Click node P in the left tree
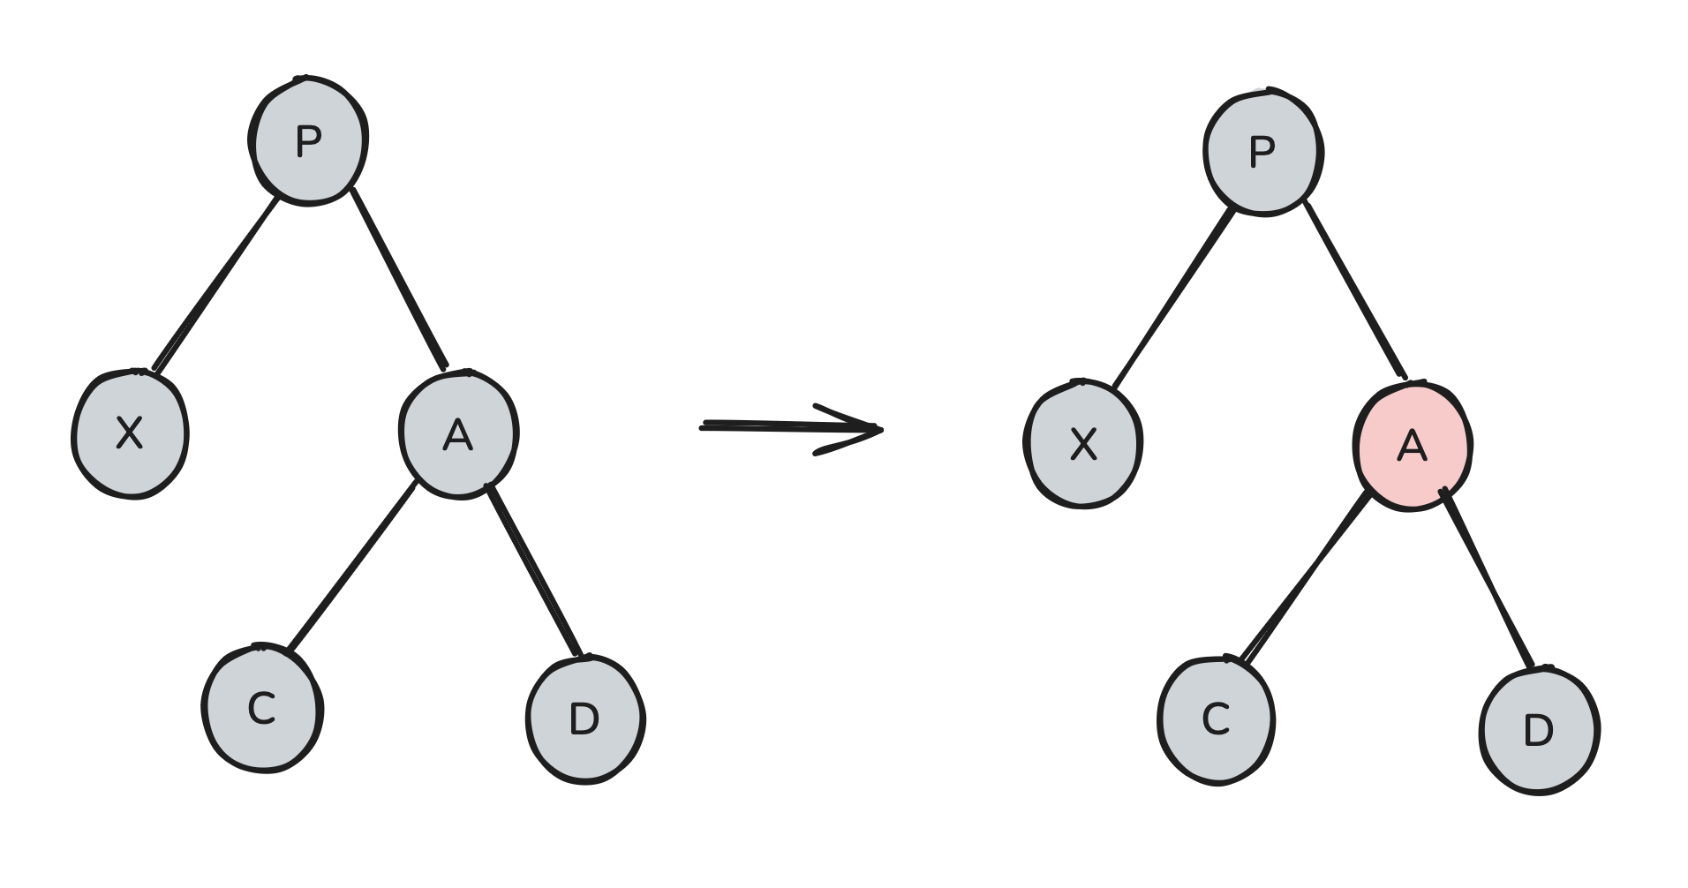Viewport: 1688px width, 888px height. pyautogui.click(x=307, y=141)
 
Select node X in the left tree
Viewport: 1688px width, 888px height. pyautogui.click(x=130, y=434)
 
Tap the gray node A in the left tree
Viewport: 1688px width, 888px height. pyautogui.click(x=458, y=434)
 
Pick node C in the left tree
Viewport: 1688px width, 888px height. pyautogui.click(x=262, y=709)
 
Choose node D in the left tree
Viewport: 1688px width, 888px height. pyautogui.click(x=585, y=719)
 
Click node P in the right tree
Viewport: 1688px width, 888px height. pyautogui.click(x=1262, y=152)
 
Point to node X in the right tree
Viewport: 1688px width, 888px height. pyautogui.click(x=1083, y=444)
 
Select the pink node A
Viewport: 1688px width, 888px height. pyautogui.click(x=1413, y=446)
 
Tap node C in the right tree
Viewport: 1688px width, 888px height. pyautogui.click(x=1217, y=720)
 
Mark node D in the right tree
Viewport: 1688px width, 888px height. pyautogui.click(x=1539, y=731)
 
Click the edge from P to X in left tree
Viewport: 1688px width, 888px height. pyautogui.click(x=216, y=282)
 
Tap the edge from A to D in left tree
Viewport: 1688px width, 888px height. pyautogui.click(x=534, y=572)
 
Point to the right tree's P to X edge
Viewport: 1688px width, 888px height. pyautogui.click(x=1172, y=297)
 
